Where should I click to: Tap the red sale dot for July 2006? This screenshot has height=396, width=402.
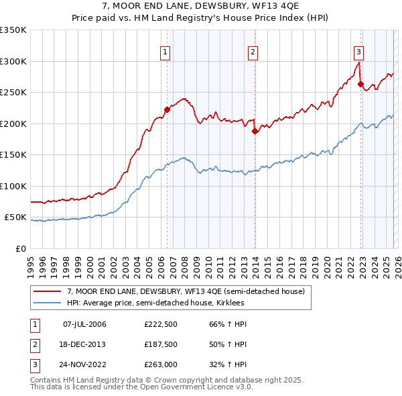click(167, 109)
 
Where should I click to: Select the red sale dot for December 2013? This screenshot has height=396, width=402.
click(255, 132)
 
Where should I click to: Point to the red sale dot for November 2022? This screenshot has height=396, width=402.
click(360, 84)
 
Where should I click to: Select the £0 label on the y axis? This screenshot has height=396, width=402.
click(20, 249)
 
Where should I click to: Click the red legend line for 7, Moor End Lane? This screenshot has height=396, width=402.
click(48, 291)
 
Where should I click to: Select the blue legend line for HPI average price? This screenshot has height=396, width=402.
click(48, 303)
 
